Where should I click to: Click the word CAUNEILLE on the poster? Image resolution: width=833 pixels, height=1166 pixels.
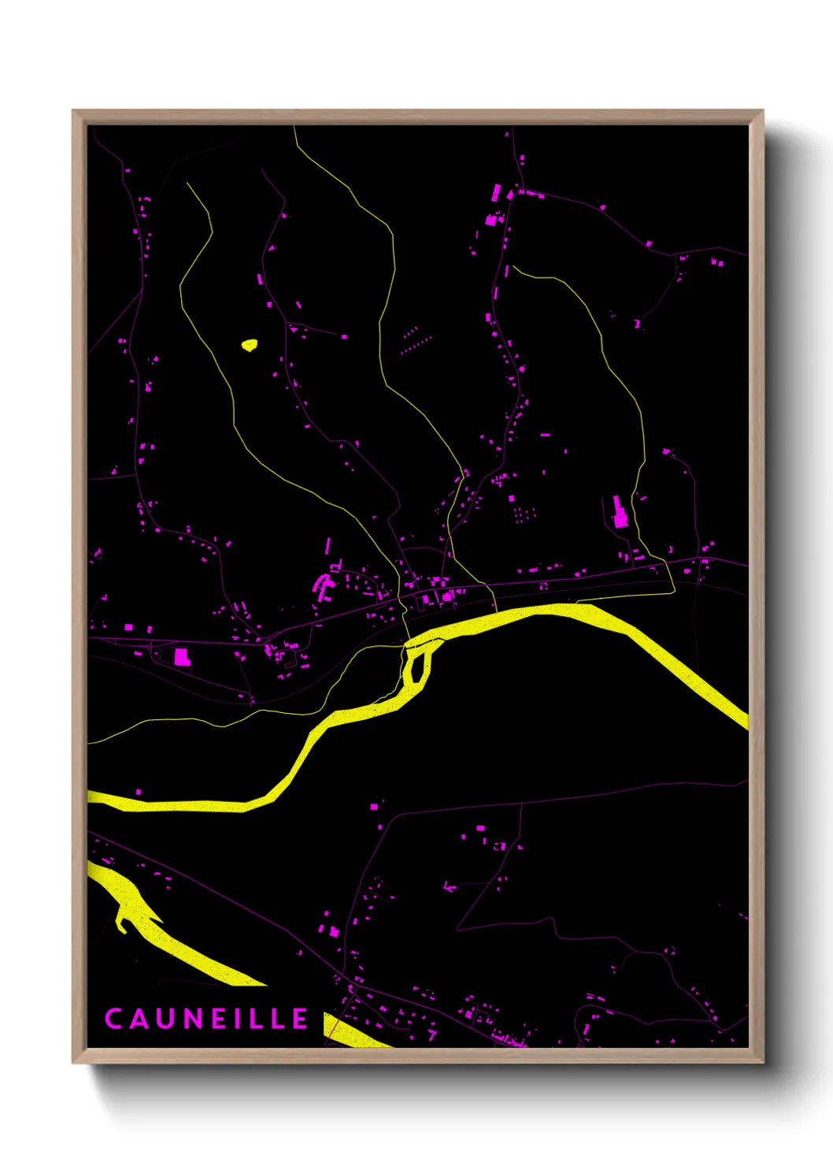[x=206, y=1019]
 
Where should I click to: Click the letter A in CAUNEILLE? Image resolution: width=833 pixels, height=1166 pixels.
[x=139, y=1019]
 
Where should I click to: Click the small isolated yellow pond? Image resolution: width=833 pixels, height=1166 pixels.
[x=250, y=344]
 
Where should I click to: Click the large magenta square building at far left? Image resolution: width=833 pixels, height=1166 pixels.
[x=182, y=656]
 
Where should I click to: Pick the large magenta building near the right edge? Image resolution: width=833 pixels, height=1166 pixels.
[x=619, y=512]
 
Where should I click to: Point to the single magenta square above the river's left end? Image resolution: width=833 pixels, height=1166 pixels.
[x=139, y=791]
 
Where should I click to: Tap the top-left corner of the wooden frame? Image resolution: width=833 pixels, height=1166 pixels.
[x=74, y=112]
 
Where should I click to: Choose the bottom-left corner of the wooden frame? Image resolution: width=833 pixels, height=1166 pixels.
[x=74, y=1061]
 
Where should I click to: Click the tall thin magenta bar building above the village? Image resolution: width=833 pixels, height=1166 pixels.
[x=328, y=545]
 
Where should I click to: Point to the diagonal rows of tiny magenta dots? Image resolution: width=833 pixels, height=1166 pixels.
[x=415, y=340]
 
